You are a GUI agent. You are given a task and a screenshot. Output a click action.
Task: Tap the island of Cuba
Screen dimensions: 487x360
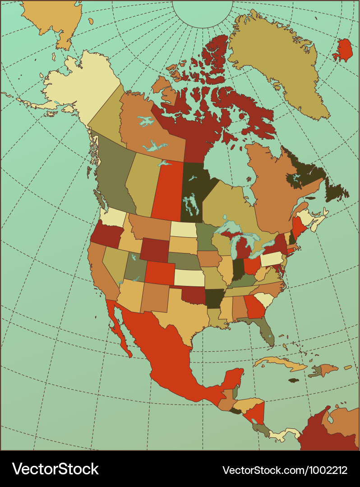280,363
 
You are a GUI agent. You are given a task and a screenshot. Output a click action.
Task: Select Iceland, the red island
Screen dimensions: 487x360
345,51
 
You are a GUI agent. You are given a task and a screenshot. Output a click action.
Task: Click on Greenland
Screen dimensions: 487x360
277,63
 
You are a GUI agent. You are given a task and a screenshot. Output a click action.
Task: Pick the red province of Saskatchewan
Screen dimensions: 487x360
168,192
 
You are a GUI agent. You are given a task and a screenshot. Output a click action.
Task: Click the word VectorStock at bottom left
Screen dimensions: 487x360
55,469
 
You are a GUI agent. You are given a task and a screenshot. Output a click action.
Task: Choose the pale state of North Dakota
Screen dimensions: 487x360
183,229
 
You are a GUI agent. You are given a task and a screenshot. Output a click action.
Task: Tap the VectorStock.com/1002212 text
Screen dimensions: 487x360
285,470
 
